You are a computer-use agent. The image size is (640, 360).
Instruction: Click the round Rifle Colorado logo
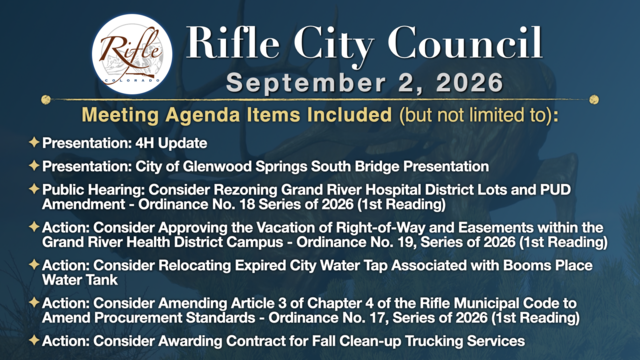(132, 54)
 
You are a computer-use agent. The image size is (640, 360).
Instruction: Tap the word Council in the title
(465, 42)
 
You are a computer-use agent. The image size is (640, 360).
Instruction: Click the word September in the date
(306, 83)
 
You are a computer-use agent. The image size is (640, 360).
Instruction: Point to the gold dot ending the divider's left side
(46, 100)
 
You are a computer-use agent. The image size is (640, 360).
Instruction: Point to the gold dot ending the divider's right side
(594, 100)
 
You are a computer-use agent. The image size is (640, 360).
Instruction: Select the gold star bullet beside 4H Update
(34, 142)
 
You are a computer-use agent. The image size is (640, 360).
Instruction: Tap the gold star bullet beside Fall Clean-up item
(34, 340)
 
